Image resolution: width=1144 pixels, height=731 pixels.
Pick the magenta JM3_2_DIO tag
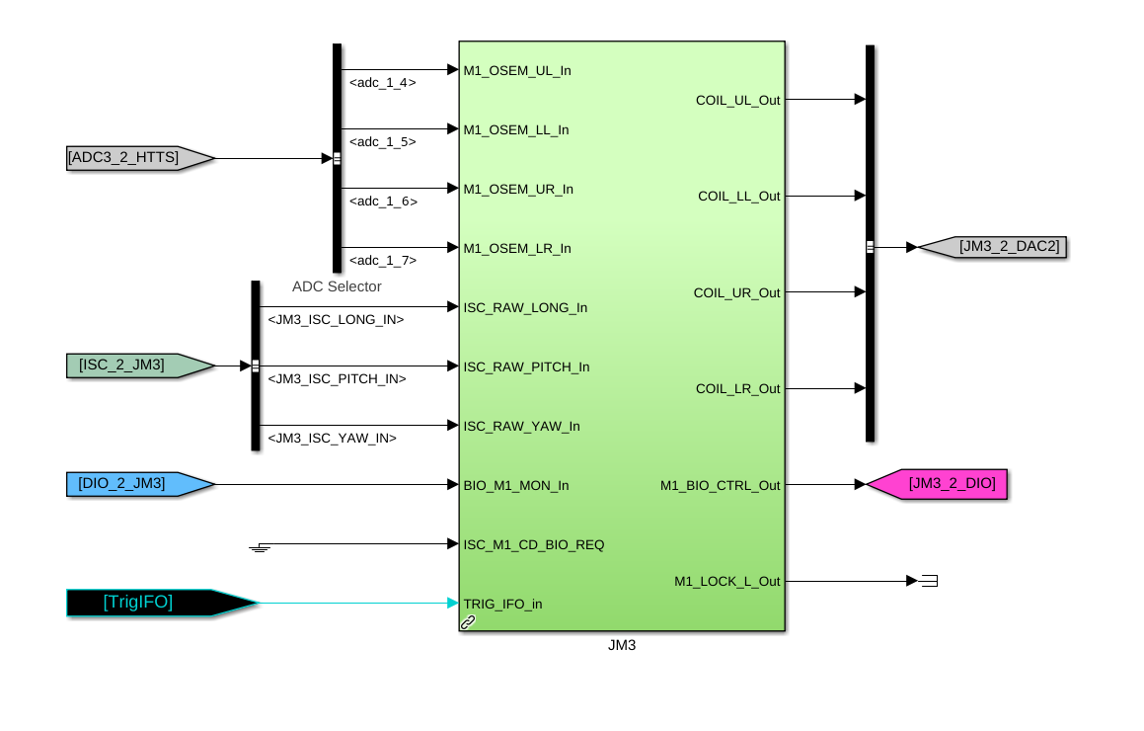pyautogui.click(x=943, y=484)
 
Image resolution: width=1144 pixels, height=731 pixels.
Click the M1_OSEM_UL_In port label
pyautogui.click(x=517, y=70)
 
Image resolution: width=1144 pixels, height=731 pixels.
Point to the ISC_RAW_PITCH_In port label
pyautogui.click(x=526, y=366)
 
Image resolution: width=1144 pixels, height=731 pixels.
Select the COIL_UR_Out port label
pyautogui.click(x=736, y=292)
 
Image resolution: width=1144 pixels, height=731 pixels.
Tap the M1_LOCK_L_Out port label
pyautogui.click(x=726, y=581)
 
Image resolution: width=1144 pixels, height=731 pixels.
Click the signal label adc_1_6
pyautogui.click(x=383, y=202)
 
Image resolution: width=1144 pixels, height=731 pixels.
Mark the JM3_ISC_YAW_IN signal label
pyautogui.click(x=333, y=438)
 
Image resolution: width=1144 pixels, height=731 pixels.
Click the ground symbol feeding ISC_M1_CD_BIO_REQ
pyautogui.click(x=260, y=546)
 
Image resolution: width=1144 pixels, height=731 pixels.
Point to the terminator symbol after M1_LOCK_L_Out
pyautogui.click(x=929, y=581)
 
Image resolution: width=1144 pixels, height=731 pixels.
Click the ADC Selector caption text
pyautogui.click(x=337, y=286)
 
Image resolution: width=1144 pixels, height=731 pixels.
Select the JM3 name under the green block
pyautogui.click(x=622, y=645)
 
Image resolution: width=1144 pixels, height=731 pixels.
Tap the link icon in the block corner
pyautogui.click(x=468, y=622)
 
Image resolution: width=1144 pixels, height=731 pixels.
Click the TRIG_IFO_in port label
pyautogui.click(x=502, y=604)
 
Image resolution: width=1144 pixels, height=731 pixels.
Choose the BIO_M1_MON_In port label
pyautogui.click(x=516, y=485)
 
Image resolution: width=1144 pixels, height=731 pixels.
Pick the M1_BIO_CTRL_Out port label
pyautogui.click(x=720, y=485)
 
